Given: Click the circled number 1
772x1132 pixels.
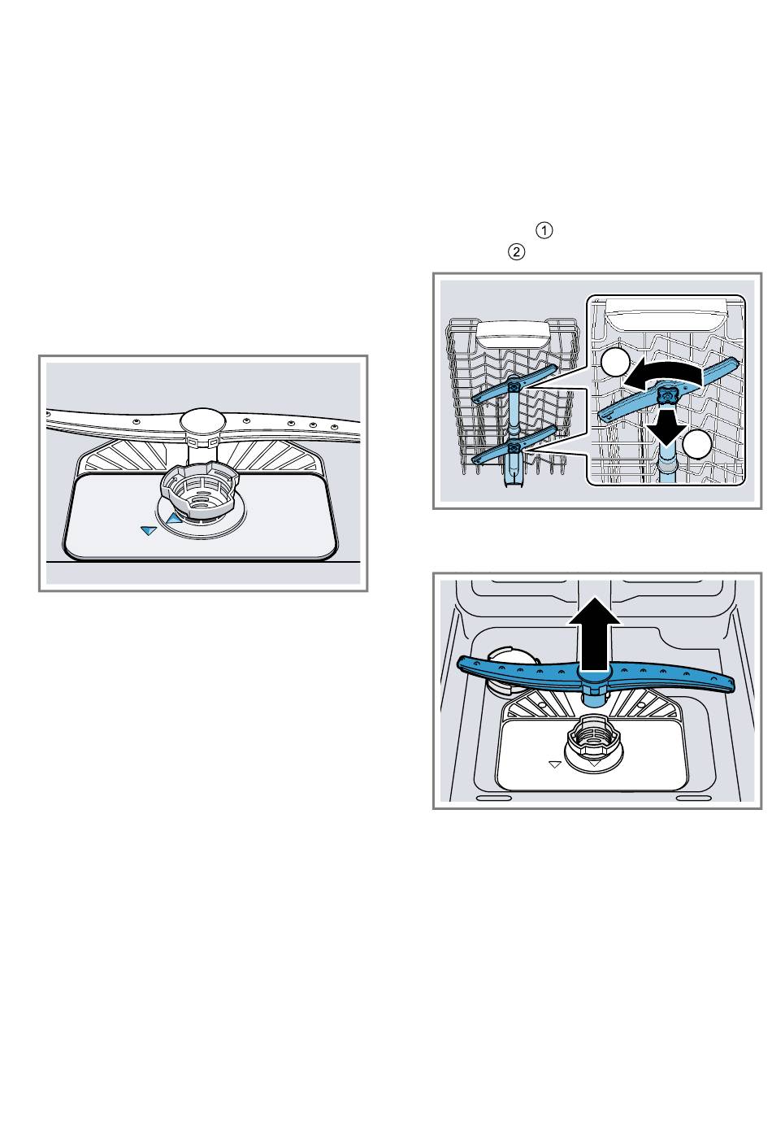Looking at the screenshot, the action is (x=544, y=230).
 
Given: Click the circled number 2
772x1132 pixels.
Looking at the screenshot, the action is (x=516, y=251).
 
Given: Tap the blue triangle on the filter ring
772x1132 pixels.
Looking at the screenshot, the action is (x=174, y=516).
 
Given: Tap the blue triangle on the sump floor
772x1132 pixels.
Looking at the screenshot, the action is (x=149, y=530).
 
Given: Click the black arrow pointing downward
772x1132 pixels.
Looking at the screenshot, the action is (x=667, y=428).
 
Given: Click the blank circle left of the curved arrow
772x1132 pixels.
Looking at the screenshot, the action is (x=615, y=361).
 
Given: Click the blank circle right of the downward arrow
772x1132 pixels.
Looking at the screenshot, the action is (x=697, y=444).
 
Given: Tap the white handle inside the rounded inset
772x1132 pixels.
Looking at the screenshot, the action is (x=667, y=314).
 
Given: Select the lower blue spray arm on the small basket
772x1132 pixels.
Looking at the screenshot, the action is (x=514, y=444).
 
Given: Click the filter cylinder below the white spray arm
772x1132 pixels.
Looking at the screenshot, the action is (x=199, y=490).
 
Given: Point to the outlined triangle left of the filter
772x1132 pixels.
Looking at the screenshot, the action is (x=555, y=764).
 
